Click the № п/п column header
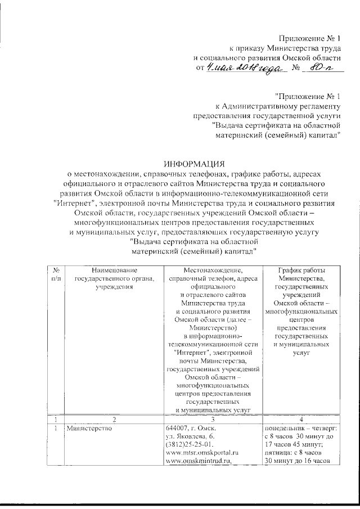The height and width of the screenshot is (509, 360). [x=56, y=274]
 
